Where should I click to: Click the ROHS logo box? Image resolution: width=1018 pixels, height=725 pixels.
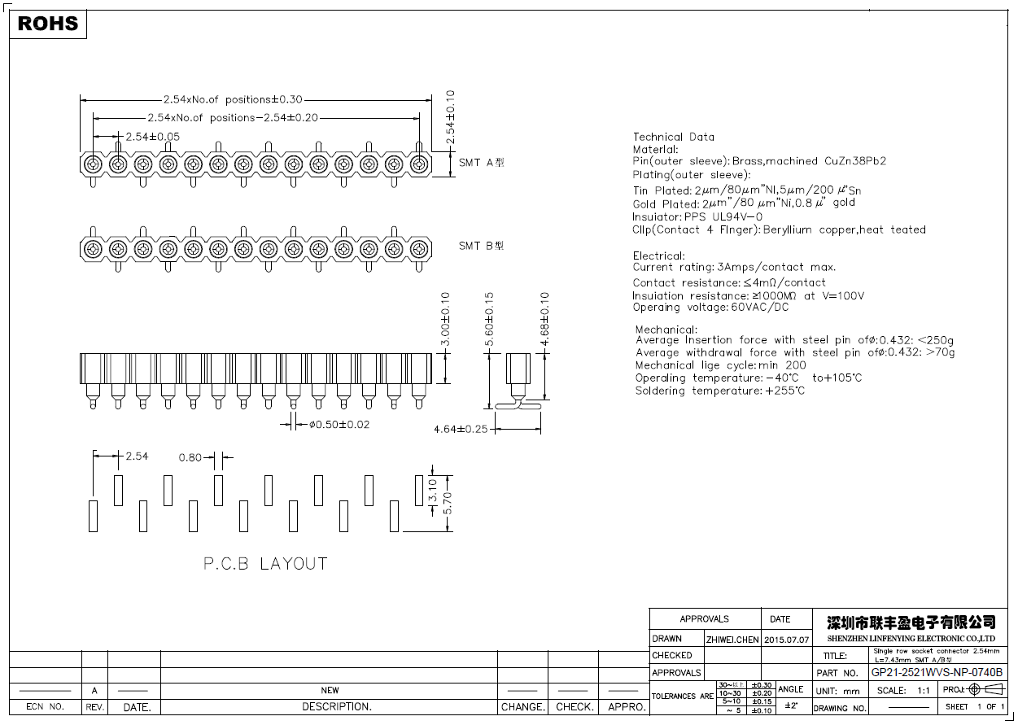click(48, 24)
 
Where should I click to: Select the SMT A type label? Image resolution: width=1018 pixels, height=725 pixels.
click(481, 162)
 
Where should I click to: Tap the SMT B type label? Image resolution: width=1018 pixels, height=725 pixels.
click(481, 246)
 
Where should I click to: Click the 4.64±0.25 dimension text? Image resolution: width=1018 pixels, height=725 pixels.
click(461, 429)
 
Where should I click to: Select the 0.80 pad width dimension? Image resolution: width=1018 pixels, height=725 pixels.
click(190, 457)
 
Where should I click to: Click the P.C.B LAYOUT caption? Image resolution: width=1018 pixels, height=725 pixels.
click(265, 563)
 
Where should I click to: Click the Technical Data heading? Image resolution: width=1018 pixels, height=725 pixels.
click(674, 137)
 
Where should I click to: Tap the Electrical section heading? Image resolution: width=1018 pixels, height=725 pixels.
click(659, 255)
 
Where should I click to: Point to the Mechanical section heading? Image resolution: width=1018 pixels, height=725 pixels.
click(666, 330)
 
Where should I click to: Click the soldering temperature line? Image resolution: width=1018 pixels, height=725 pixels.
click(720, 391)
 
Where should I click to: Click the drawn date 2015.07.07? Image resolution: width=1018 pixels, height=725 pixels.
click(787, 639)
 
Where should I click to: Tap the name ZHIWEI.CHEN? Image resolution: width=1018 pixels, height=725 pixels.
click(732, 639)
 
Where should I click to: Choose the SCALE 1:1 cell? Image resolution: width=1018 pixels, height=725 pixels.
click(903, 690)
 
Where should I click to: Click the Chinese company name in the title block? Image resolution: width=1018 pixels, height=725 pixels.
click(911, 622)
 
